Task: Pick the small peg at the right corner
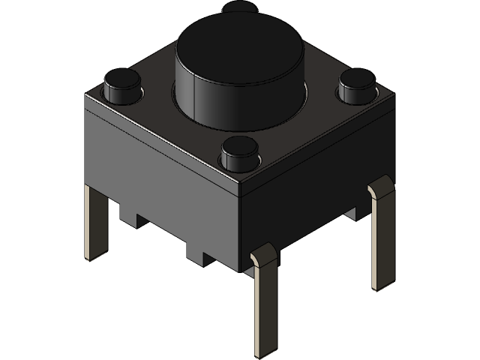(356, 88)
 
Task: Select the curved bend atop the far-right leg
(380, 184)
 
